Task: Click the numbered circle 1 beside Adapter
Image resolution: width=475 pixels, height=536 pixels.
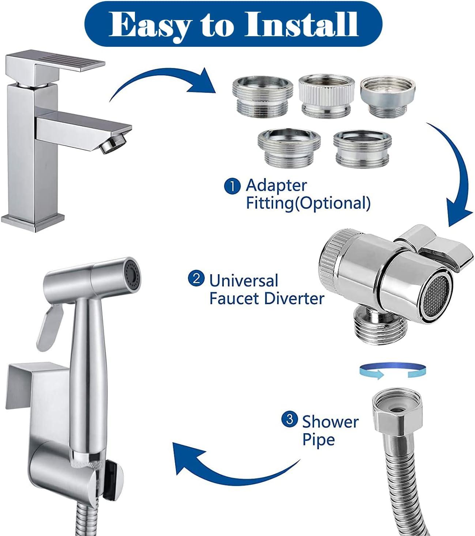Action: click(x=232, y=186)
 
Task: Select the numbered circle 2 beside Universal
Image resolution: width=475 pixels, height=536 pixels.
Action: click(x=196, y=279)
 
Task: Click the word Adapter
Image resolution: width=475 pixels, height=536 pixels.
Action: click(x=276, y=185)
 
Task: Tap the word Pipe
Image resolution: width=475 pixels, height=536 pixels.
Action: click(x=318, y=439)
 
